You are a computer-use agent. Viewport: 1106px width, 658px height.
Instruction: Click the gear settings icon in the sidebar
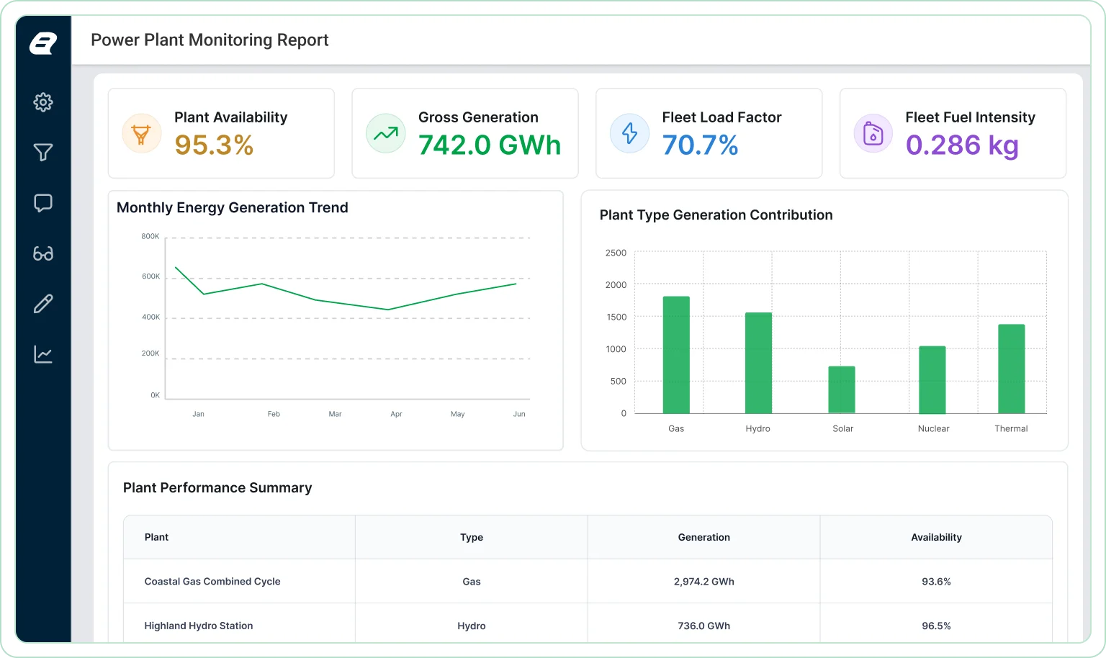(x=43, y=102)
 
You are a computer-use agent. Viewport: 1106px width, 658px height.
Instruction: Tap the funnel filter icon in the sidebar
(x=43, y=153)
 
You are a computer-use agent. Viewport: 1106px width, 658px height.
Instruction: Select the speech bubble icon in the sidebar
(x=43, y=203)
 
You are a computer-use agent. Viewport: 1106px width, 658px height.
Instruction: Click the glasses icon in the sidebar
(x=43, y=253)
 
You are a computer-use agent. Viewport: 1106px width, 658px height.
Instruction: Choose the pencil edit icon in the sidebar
(x=43, y=304)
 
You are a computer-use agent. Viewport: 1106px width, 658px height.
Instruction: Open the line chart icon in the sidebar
(x=43, y=354)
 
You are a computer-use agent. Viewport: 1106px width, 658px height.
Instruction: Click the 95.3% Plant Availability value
(x=214, y=145)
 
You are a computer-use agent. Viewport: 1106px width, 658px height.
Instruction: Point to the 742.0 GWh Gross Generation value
(x=490, y=145)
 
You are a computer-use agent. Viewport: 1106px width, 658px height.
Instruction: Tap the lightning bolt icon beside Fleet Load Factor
(x=629, y=133)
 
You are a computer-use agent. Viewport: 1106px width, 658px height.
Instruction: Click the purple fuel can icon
(x=873, y=133)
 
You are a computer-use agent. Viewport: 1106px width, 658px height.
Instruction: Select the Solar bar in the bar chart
(x=842, y=389)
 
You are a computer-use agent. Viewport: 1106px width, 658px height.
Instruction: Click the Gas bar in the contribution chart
(x=676, y=355)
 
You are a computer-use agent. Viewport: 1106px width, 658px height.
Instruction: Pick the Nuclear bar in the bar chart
(x=932, y=379)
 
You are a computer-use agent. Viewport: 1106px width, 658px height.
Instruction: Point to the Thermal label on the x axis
(x=1011, y=428)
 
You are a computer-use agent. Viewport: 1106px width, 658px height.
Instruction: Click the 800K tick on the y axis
(x=150, y=236)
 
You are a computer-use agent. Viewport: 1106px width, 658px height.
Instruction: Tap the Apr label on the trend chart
(x=396, y=414)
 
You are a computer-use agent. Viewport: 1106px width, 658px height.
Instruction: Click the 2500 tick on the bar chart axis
(x=616, y=253)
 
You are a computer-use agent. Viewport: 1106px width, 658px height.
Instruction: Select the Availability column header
(x=936, y=537)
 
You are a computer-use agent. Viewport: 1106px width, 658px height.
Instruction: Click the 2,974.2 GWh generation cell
(x=703, y=582)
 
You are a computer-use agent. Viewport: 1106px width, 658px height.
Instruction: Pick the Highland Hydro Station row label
(x=199, y=626)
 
